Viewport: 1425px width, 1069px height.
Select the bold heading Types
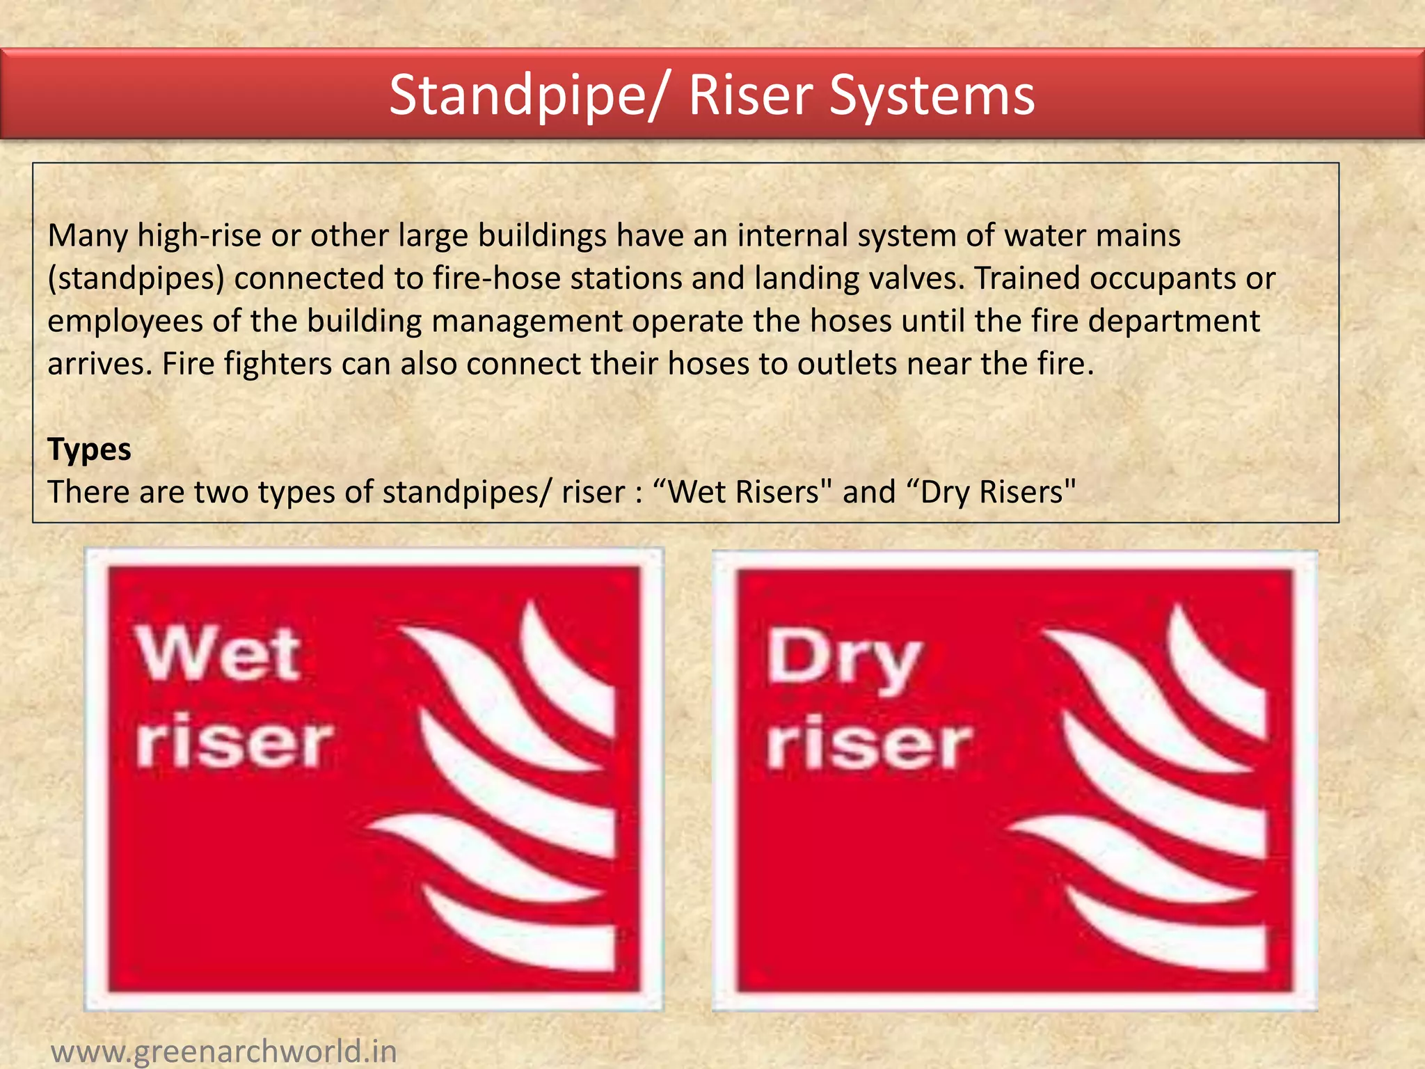89,449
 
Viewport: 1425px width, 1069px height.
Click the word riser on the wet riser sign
234,743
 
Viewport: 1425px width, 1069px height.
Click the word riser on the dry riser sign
868,745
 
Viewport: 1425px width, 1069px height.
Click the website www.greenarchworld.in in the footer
224,1050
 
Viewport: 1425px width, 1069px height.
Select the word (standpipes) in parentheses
136,278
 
